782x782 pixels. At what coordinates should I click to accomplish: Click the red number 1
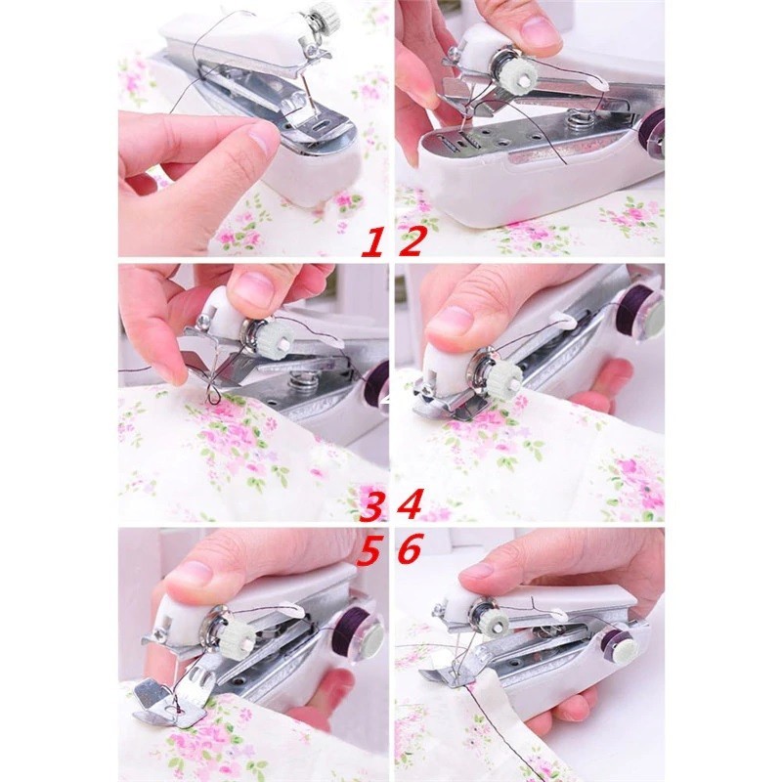(373, 241)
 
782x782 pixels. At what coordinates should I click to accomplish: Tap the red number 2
(410, 241)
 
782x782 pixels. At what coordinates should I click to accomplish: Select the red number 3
(374, 505)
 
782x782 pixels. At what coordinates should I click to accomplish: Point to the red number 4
(410, 504)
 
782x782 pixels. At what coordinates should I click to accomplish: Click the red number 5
(369, 549)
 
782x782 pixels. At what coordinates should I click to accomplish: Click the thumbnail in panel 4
(447, 322)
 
